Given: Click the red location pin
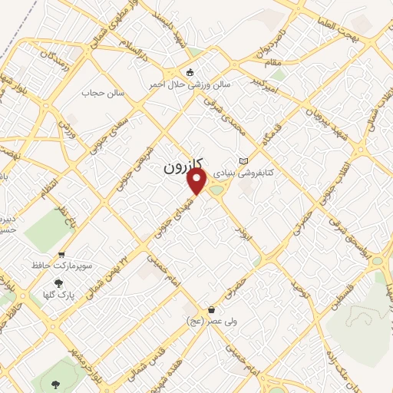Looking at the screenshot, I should point(197,181).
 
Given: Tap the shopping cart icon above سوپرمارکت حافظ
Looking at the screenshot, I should point(62,254).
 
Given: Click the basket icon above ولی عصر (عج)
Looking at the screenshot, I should point(210,309).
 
